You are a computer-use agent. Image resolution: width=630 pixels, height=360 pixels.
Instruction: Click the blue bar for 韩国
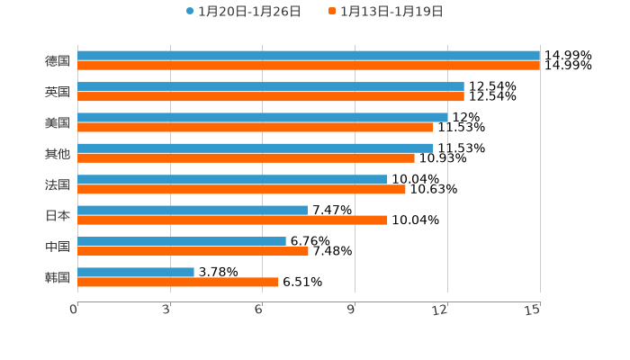coord(136,272)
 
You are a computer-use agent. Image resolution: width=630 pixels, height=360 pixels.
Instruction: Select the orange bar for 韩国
coord(178,283)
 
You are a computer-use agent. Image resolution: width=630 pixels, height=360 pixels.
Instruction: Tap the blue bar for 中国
coord(182,241)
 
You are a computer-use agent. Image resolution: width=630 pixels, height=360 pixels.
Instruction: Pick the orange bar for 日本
coord(232,220)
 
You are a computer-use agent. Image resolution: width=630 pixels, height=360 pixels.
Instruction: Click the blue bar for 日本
coord(193,210)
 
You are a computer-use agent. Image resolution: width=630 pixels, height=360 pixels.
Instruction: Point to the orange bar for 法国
coord(241,189)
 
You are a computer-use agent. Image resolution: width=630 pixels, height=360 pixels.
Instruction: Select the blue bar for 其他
coord(256,148)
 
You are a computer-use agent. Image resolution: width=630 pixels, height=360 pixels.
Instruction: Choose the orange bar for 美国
coord(256,127)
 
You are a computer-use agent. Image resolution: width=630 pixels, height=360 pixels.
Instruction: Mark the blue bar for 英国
coord(271,86)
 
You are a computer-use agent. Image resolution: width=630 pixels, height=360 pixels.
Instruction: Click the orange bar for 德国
coord(309,66)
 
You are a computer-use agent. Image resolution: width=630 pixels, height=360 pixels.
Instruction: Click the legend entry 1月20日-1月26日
coord(243,12)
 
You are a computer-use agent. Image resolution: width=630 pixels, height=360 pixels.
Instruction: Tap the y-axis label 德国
coord(58,60)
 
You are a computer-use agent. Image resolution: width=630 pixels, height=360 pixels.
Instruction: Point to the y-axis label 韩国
coord(58,277)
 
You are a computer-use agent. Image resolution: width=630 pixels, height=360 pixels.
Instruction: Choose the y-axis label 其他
coord(58,153)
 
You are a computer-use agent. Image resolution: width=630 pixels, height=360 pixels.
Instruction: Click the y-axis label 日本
coord(58,215)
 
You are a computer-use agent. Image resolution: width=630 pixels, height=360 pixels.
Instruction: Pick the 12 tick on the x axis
coord(441,310)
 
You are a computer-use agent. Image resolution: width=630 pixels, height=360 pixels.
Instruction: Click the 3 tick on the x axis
coord(167,310)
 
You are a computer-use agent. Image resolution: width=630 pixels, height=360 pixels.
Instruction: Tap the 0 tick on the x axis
coord(75,310)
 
